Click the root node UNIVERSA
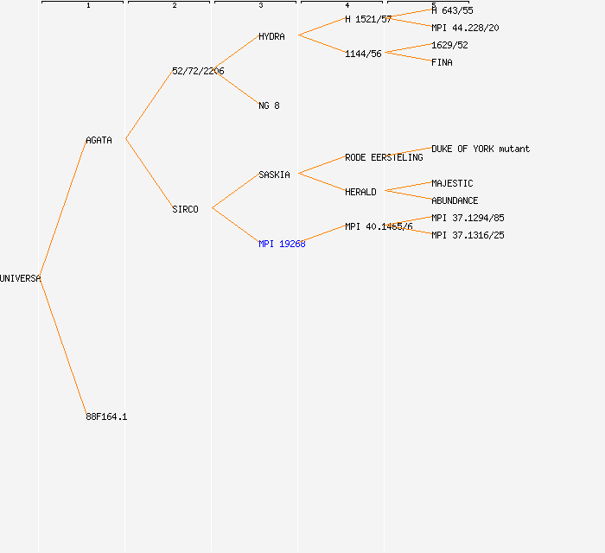point(20,278)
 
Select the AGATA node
point(99,140)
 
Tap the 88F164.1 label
point(106,416)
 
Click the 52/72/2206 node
point(198,71)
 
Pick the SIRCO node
point(185,209)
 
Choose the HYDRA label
point(271,36)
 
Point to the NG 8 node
point(269,105)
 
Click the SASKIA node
point(274,175)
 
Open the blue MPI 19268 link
point(282,244)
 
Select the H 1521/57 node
point(368,19)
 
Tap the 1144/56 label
point(363,54)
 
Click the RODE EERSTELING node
point(384,157)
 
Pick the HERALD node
point(360,192)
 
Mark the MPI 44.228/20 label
point(465,28)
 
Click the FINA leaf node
point(442,62)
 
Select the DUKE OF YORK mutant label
point(481,149)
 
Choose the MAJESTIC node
point(452,183)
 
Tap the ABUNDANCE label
point(455,200)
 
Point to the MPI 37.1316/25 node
point(468,235)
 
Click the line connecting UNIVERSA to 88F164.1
point(63,347)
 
